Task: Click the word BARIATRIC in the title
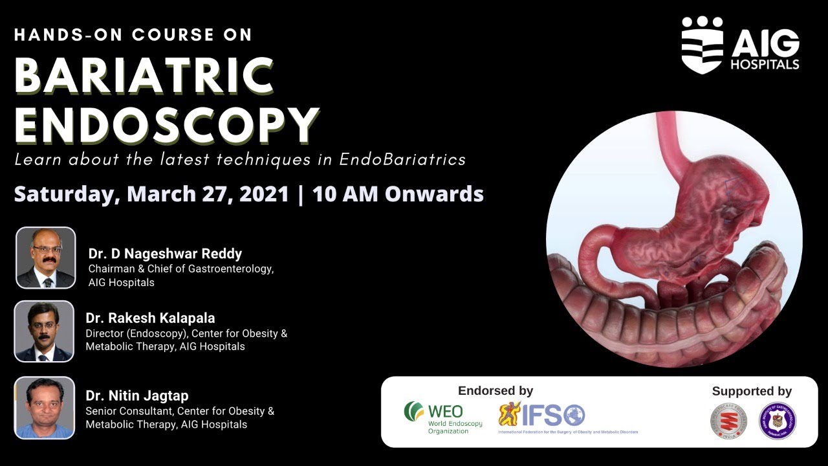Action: tap(144, 76)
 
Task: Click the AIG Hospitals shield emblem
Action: tap(702, 45)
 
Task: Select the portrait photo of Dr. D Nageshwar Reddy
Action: tap(45, 258)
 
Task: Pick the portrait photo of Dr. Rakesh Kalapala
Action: tap(44, 331)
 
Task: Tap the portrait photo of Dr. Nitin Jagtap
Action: tap(44, 408)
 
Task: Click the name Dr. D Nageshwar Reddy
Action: tap(165, 253)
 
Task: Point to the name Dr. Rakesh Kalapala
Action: tap(150, 318)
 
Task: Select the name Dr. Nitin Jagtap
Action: tap(137, 395)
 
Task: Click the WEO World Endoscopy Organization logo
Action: tap(443, 418)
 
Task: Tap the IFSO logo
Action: tap(542, 415)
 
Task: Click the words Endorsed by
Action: tap(496, 390)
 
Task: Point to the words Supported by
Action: tap(752, 391)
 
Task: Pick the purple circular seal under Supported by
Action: tap(777, 421)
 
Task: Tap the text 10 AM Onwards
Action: tap(398, 194)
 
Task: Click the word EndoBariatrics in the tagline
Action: tap(402, 159)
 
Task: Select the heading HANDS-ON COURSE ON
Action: tap(133, 35)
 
